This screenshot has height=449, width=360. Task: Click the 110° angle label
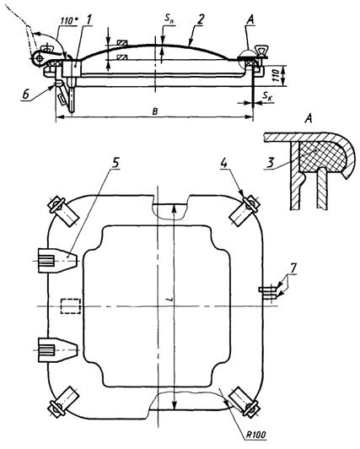tap(67, 20)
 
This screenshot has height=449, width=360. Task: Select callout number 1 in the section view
tap(89, 19)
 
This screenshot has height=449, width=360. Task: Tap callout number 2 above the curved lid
tap(201, 20)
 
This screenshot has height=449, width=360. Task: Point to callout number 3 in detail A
tap(271, 163)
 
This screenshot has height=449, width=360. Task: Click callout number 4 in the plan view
tap(224, 163)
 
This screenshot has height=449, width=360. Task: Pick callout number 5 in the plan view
tap(115, 163)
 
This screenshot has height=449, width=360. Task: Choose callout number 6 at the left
tap(26, 95)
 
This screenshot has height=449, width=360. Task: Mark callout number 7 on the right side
tap(292, 268)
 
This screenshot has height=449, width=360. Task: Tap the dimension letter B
tap(154, 111)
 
